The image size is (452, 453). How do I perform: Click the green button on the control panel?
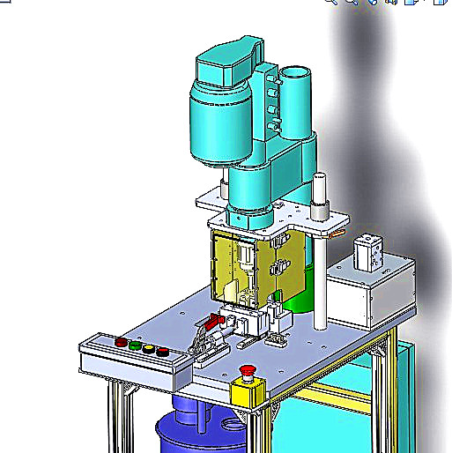coord(134,345)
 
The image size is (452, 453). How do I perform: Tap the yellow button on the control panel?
coord(149,349)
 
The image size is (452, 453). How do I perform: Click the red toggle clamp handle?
coord(212,324)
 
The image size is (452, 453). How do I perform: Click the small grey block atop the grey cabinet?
coord(367,253)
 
